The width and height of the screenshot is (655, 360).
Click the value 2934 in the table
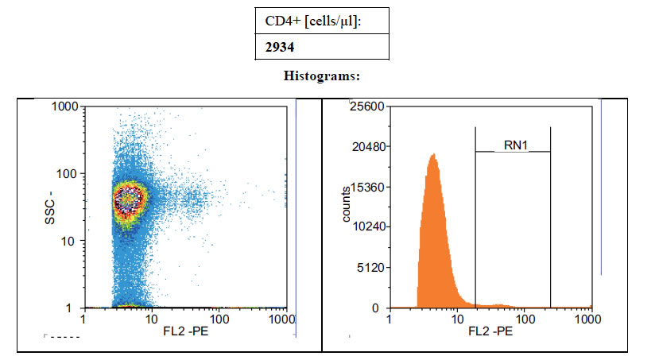point(281,47)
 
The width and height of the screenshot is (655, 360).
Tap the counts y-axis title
point(347,205)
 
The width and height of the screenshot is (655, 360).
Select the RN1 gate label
point(516,145)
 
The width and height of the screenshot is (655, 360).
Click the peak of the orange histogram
point(432,156)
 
